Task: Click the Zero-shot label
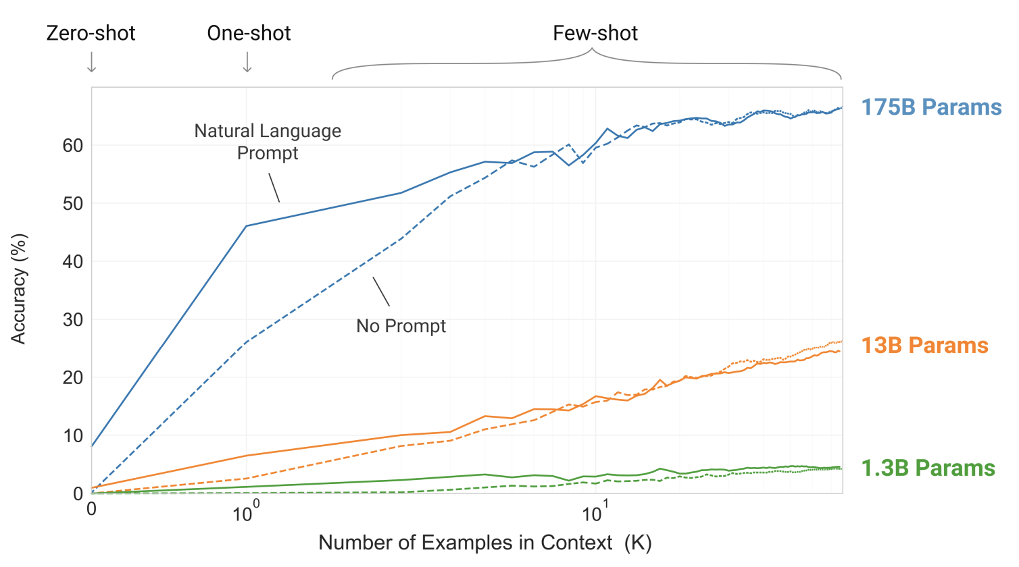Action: (x=91, y=33)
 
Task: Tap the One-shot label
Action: (x=249, y=33)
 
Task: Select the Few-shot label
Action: (x=595, y=33)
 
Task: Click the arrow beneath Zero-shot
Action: (x=92, y=62)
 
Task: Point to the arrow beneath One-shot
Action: (x=247, y=62)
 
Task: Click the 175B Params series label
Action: (x=931, y=107)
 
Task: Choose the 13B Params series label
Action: (x=924, y=346)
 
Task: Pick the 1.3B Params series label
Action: (x=928, y=468)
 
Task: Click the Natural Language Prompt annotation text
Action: (x=268, y=142)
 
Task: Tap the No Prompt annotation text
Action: (x=401, y=326)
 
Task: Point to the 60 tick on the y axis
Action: (x=72, y=146)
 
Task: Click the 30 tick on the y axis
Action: (x=72, y=320)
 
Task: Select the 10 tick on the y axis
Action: (x=72, y=436)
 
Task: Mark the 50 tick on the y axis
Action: (x=72, y=204)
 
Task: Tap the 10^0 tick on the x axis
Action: (x=245, y=514)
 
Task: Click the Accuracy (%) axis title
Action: (x=18, y=289)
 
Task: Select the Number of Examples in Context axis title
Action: (x=484, y=543)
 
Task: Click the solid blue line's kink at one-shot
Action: (x=247, y=226)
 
